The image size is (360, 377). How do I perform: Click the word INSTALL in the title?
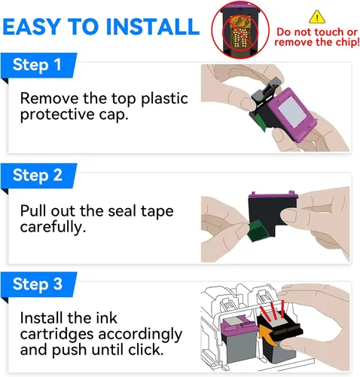153,26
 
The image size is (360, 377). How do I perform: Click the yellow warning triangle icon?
317,17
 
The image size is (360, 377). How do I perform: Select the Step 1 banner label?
37,65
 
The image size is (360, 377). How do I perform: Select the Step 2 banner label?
38,175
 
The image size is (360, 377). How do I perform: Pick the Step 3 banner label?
38,284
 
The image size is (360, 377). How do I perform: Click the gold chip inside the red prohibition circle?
240,32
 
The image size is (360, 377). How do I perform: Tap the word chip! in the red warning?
346,42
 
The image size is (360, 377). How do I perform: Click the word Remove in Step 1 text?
49,98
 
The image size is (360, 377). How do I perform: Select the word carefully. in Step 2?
53,227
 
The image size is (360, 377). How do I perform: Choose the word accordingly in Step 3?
140,335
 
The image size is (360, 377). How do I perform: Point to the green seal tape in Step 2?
258,230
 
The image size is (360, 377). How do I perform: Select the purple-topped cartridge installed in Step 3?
239,339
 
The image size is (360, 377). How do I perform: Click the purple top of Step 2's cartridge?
273,195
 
